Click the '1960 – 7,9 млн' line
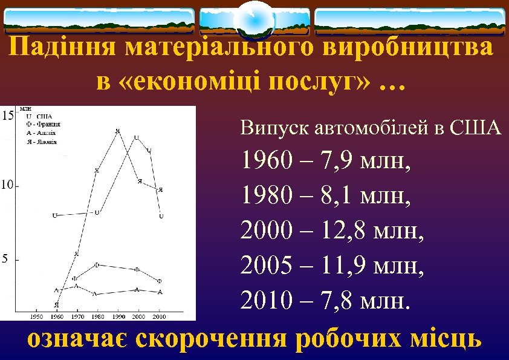[327, 162]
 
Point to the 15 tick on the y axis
[7, 115]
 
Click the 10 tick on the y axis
[7, 185]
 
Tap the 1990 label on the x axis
[118, 316]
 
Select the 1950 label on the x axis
[36, 316]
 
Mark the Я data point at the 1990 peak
[117, 131]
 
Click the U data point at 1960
[54, 215]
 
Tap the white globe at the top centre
[254, 20]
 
